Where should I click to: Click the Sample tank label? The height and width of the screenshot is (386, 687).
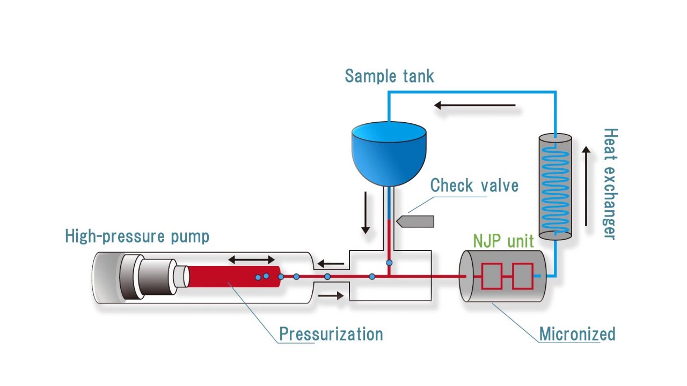(389, 76)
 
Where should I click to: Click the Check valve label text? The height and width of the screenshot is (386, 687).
(474, 185)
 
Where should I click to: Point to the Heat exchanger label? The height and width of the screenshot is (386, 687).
(610, 183)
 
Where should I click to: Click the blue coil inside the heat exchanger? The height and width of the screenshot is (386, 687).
(555, 185)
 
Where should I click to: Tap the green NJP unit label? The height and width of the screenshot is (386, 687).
(503, 241)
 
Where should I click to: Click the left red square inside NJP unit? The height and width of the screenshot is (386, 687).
(492, 276)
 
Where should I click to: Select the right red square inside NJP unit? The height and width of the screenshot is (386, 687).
(522, 276)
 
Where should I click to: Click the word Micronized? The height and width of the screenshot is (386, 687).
(577, 334)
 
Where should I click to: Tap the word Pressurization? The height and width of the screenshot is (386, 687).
(331, 334)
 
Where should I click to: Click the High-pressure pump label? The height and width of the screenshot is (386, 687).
(137, 236)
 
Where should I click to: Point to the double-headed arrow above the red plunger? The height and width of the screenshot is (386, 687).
(252, 260)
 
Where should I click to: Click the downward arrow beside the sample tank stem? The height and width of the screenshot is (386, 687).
(366, 212)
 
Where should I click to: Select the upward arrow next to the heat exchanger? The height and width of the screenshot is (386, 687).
(586, 187)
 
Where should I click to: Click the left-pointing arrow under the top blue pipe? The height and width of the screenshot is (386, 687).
(474, 106)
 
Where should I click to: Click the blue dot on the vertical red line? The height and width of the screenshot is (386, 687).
(389, 263)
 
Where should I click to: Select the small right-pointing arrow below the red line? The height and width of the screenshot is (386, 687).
(331, 295)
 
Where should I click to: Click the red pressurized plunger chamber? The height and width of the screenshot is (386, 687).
(231, 276)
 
